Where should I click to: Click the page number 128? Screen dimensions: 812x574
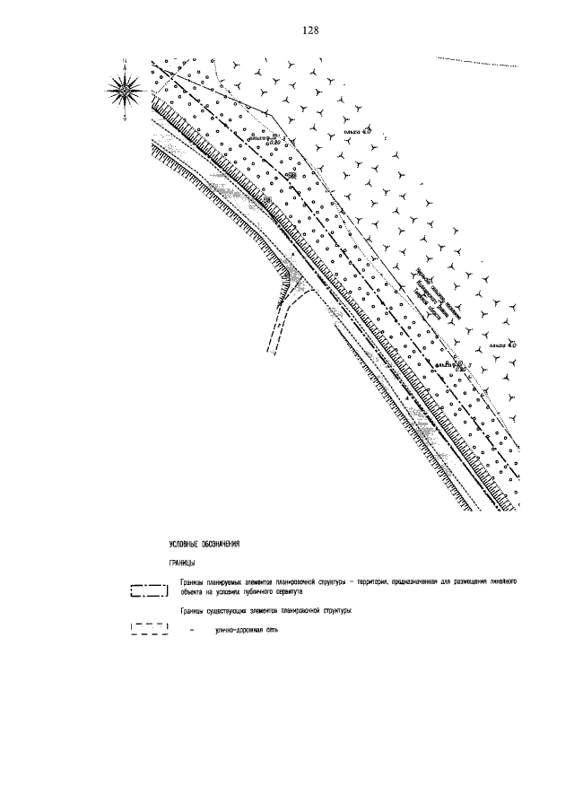pyautogui.click(x=311, y=30)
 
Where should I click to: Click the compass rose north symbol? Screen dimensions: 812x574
pyautogui.click(x=126, y=88)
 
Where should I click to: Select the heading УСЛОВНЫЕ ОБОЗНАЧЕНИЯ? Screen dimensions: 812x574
pyautogui.click(x=205, y=545)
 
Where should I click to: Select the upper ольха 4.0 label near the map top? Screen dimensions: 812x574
pyautogui.click(x=357, y=131)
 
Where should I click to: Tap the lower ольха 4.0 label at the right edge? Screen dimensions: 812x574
pyautogui.click(x=502, y=345)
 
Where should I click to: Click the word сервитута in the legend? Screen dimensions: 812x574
pyautogui.click(x=291, y=592)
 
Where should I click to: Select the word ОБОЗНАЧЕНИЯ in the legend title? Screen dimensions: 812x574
pyautogui.click(x=223, y=545)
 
